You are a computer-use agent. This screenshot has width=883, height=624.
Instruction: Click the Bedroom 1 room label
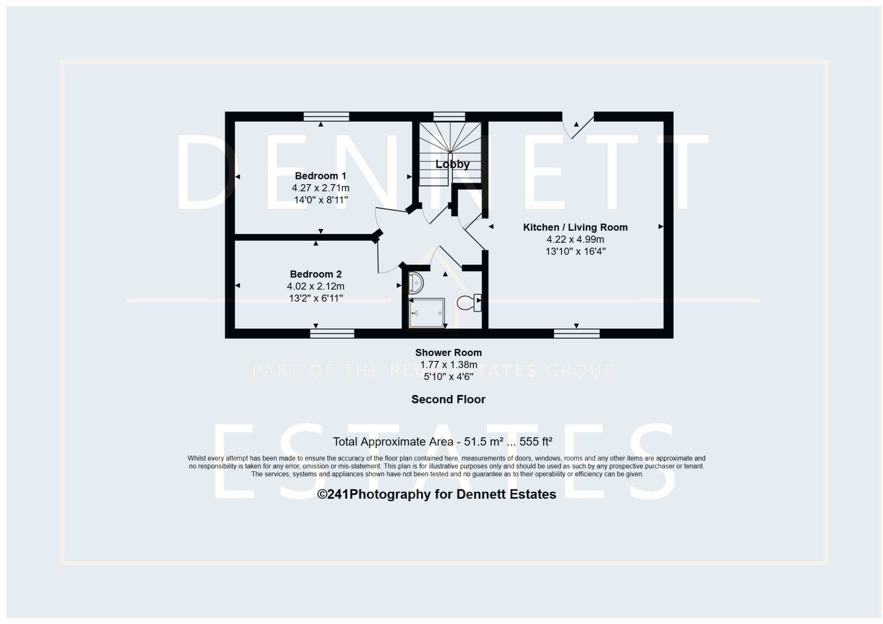(x=320, y=176)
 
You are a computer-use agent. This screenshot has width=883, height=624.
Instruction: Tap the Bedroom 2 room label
(x=316, y=274)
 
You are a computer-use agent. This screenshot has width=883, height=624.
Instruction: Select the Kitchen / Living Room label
(x=575, y=227)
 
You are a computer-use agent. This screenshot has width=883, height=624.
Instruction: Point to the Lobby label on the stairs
(x=452, y=164)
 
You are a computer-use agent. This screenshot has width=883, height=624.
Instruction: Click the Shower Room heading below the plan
(x=448, y=353)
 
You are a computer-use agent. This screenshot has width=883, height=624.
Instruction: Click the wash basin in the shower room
(x=416, y=283)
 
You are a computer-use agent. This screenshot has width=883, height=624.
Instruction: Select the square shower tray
(x=426, y=313)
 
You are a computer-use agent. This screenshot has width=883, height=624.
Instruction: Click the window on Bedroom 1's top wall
(x=326, y=116)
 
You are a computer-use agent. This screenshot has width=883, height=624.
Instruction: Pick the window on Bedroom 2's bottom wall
(x=332, y=333)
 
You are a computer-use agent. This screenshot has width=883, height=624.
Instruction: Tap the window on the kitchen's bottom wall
(x=576, y=333)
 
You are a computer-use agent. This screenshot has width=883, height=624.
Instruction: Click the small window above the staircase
(x=449, y=116)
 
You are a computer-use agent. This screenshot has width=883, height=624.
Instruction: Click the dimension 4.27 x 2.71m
(x=320, y=188)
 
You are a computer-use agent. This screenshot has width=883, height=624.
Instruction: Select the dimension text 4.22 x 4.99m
(x=575, y=239)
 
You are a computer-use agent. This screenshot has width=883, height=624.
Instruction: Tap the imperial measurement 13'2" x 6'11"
(x=316, y=298)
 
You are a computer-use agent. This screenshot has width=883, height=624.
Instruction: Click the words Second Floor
(x=448, y=400)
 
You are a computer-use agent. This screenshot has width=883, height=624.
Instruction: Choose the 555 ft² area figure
(x=536, y=442)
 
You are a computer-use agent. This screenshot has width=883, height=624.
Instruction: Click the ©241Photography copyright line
(x=436, y=494)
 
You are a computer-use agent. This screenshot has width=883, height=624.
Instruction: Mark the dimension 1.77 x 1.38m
(x=448, y=365)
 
